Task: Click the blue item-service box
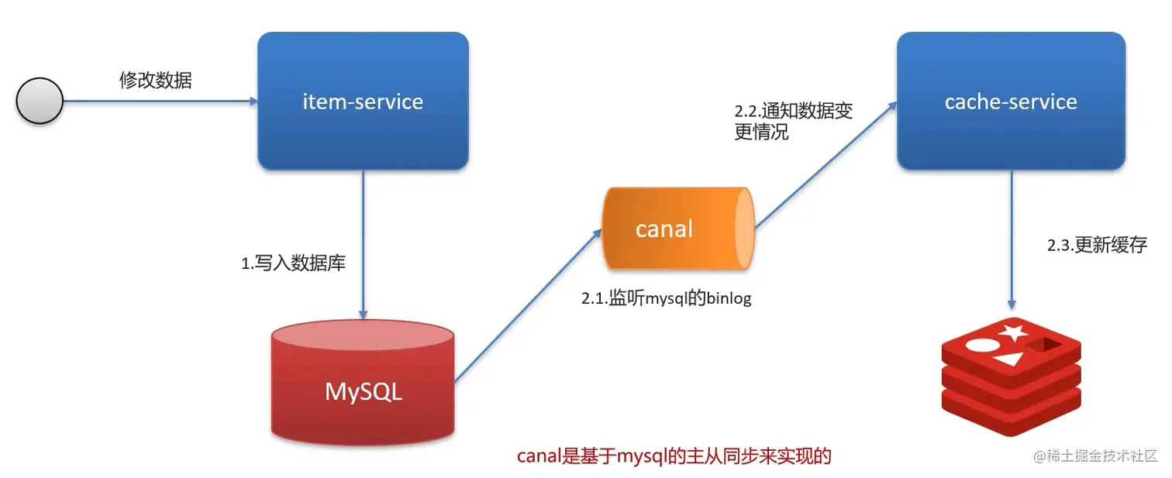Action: [x=363, y=101]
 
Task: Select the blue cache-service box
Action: [x=1011, y=101]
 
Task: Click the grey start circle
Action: [x=40, y=101]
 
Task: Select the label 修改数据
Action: [x=155, y=81]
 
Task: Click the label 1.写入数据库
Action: [x=293, y=263]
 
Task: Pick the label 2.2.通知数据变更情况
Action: [x=793, y=121]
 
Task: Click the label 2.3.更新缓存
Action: [x=1096, y=246]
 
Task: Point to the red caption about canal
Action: [x=674, y=456]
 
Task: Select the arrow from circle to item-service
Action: [x=159, y=101]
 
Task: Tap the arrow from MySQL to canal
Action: [x=527, y=306]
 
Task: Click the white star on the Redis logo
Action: [x=1012, y=334]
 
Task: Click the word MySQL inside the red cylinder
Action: [x=363, y=391]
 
